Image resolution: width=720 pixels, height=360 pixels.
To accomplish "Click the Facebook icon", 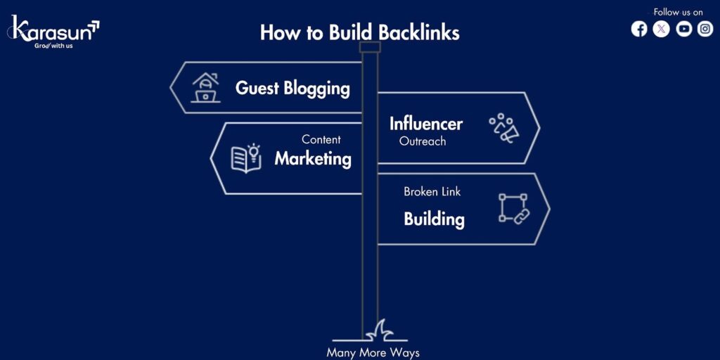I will pos(638,29).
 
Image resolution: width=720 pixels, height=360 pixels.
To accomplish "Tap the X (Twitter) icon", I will pos(661,29).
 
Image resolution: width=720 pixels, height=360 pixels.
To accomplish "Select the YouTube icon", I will pos(683,29).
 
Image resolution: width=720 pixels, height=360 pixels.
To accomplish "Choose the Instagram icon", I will pos(705,29).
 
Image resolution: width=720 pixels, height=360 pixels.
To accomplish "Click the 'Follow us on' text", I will pos(678,12).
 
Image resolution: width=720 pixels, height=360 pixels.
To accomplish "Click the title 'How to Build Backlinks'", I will pos(359,32).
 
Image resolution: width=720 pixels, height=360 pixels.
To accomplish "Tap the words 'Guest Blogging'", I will pos(292,88).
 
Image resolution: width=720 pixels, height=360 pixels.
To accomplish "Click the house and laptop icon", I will pos(205,88).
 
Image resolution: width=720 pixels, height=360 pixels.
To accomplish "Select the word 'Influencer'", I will pos(426,124).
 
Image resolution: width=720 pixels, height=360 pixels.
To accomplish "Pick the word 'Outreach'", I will pos(423,141).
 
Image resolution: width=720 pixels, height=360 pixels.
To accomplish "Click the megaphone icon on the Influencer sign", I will pos(504,129).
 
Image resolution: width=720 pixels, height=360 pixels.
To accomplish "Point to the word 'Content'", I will pos(321,139).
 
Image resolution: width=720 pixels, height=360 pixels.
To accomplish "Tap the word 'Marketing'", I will pos(313,158).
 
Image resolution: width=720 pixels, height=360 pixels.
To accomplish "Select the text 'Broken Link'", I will pos(432,191).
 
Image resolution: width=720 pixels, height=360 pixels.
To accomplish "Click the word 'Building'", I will pos(434,219).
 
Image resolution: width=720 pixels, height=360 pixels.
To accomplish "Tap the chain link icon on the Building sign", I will pos(514,209).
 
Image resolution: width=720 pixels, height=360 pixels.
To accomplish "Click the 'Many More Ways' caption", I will pos(373,352).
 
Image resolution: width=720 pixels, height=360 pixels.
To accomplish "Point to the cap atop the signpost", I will pos(370,47).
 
